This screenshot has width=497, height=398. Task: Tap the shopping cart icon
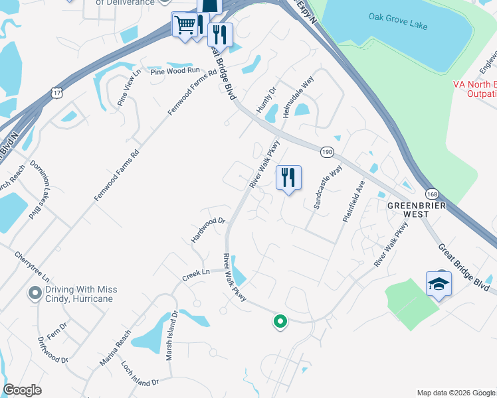[184, 25]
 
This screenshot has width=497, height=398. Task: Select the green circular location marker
[280, 322]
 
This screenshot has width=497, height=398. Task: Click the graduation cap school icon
[439, 284]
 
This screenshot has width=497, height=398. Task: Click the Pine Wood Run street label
[175, 70]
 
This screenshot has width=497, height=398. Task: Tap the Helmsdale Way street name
[298, 97]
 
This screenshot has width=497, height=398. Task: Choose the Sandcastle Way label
[327, 188]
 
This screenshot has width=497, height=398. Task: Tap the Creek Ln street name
[197, 272]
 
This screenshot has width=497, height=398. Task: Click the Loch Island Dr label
[140, 373]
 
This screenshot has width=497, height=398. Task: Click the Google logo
[22, 390]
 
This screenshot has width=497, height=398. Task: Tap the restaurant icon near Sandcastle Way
[288, 177]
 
